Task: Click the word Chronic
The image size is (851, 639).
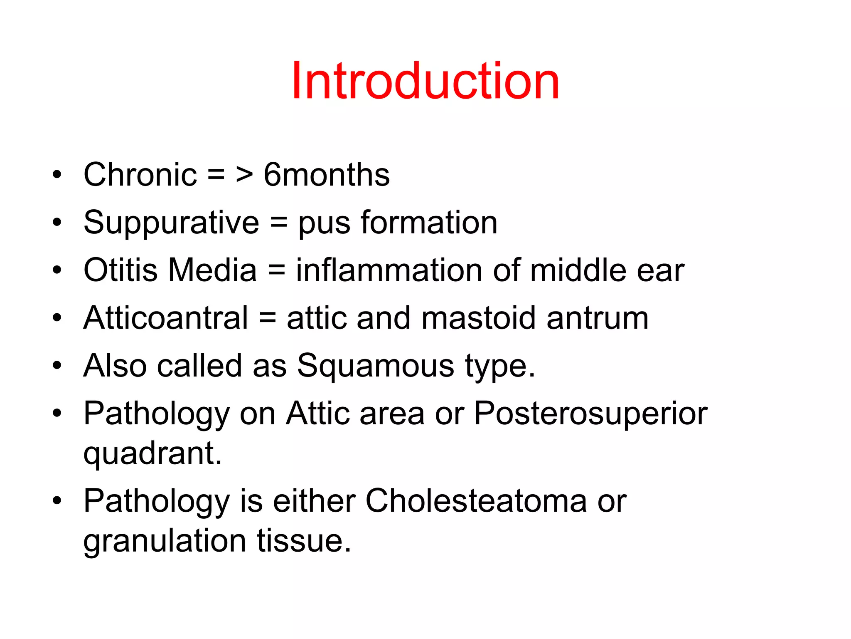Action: pos(140,175)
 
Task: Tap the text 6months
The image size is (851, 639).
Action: pos(327,175)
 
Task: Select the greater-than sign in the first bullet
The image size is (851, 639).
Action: pos(244,175)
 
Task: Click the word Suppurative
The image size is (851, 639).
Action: pos(171,223)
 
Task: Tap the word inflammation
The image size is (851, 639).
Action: pos(389,270)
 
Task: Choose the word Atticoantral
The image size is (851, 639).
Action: pos(165,318)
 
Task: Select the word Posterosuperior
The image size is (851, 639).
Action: pos(590,414)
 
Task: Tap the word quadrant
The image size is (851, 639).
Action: pos(152,454)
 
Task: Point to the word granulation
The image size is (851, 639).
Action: pos(165,541)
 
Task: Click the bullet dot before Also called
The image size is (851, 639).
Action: pos(57,366)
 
